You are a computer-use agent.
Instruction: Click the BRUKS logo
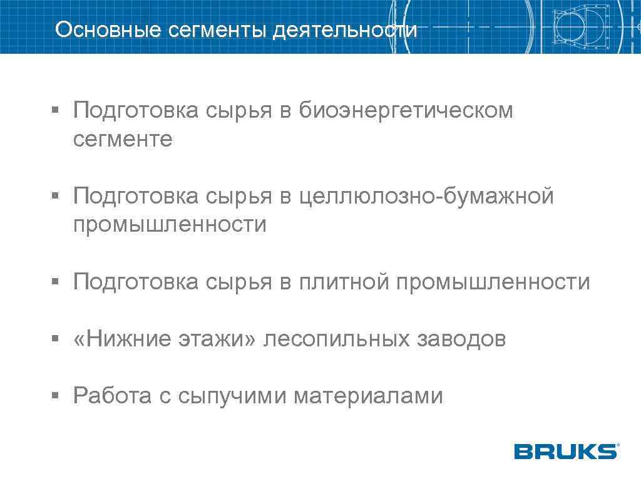(566, 451)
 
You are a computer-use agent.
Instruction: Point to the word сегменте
(123, 139)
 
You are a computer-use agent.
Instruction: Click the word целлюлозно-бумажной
(426, 197)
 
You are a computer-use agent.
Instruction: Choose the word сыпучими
(232, 396)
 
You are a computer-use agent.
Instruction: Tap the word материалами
(368, 396)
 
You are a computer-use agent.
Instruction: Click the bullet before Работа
(55, 396)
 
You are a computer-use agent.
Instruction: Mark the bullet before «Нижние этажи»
(55, 339)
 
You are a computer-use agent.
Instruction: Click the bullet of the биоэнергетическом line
(55, 111)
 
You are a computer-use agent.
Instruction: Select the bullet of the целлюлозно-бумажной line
(55, 197)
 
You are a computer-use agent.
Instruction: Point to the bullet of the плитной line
(55, 282)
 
